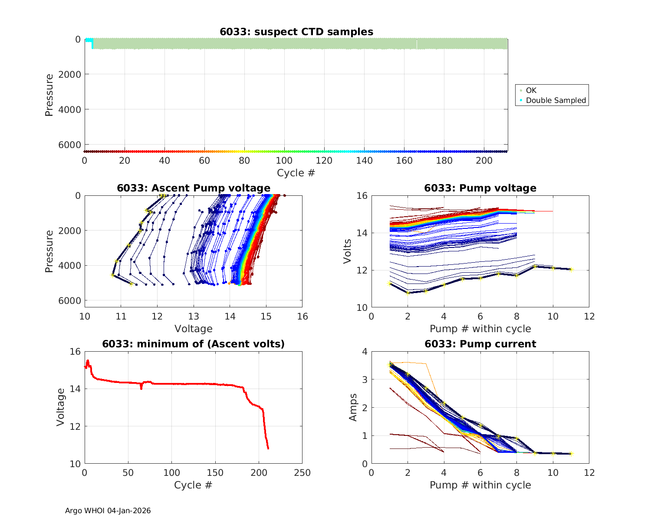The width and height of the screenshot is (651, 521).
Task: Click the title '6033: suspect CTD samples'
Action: point(296,32)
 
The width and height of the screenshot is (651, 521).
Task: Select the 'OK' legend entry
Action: point(531,90)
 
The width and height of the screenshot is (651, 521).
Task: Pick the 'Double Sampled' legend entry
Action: point(556,100)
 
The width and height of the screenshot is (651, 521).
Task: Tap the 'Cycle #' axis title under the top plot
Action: point(296,173)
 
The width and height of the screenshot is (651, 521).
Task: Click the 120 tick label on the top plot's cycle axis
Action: point(324,161)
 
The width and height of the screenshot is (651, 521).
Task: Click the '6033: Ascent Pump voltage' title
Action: point(194,188)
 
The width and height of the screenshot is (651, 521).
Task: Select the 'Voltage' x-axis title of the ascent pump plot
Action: point(194,329)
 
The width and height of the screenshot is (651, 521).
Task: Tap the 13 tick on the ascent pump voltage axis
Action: point(194,317)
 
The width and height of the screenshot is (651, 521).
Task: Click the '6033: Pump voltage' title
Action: point(480,188)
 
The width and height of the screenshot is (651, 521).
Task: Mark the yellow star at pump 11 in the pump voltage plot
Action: point(572,270)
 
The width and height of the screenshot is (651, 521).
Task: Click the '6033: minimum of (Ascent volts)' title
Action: point(194,344)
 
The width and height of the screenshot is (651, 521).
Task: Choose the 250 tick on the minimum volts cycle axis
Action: point(302,473)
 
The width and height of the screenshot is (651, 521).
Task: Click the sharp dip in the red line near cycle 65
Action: point(141,388)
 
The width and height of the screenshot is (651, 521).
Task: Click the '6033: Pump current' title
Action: point(480,344)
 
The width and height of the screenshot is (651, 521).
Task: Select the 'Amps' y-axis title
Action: point(353,407)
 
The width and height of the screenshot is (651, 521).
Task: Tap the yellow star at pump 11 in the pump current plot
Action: point(572,454)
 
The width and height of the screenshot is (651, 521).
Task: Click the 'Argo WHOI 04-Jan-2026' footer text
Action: point(108,511)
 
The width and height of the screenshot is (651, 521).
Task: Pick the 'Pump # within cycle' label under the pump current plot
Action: point(480,485)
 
